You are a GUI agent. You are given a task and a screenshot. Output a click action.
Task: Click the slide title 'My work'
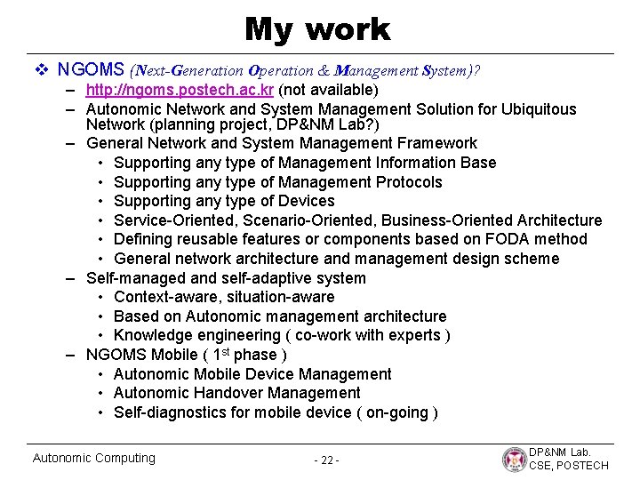point(317,29)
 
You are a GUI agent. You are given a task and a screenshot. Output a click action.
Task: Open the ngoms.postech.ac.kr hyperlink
point(180,90)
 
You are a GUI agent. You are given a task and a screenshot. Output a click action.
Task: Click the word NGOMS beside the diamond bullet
point(91,69)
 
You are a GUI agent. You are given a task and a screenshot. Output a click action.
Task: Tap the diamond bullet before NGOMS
point(40,69)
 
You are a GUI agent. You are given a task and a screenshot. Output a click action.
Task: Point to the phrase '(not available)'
point(329,90)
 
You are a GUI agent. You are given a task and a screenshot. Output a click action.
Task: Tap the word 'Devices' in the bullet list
point(306,201)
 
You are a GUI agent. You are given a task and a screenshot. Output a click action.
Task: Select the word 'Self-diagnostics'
point(168,412)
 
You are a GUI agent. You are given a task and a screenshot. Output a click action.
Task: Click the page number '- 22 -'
point(326,460)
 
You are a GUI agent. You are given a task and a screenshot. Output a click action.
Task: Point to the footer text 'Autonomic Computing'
point(93,458)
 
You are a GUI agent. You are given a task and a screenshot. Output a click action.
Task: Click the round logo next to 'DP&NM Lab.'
point(514,459)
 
